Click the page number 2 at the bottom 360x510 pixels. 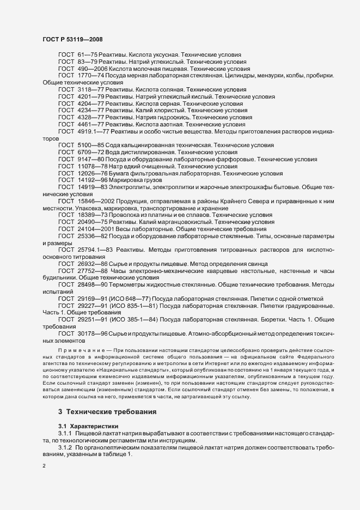[44, 466]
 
